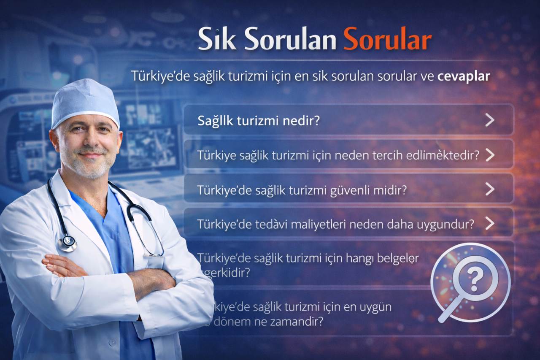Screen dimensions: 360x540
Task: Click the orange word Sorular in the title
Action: coord(387,39)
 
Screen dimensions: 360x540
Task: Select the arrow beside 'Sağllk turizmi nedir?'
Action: coord(489,120)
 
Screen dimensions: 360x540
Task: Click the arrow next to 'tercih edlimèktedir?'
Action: coord(489,155)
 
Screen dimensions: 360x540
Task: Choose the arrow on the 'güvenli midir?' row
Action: coord(489,189)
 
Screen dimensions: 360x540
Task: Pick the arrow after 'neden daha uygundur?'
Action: coord(489,223)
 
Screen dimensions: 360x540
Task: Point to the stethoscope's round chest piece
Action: coord(67,243)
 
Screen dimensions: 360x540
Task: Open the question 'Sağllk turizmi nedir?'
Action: coord(259,121)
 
